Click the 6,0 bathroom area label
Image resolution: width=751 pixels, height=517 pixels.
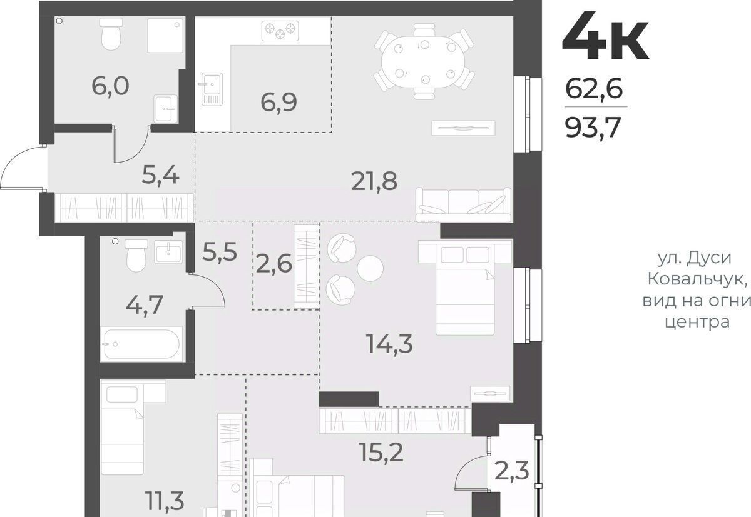tap(110, 86)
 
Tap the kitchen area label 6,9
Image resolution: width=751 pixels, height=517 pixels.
tap(278, 103)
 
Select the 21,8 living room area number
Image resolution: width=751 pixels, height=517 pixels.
tap(374, 181)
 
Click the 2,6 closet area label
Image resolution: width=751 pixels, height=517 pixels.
tap(273, 264)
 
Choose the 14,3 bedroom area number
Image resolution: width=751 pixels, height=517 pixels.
tap(389, 344)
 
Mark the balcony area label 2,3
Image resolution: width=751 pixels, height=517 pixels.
tap(512, 471)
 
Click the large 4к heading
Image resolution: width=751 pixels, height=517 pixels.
tap(606, 36)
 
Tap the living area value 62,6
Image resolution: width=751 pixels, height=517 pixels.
tap(594, 88)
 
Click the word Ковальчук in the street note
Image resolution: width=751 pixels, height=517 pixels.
tap(697, 279)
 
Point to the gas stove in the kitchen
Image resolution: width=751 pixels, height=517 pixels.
tap(280, 31)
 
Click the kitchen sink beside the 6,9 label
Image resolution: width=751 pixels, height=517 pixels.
tap(212, 89)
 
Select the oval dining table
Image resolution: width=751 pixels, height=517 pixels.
tap(424, 61)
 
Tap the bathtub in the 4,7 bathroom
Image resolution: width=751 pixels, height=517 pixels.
tap(141, 344)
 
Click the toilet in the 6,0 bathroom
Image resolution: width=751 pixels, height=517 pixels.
tap(111, 34)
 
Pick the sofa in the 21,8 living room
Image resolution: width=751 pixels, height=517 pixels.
tap(464, 204)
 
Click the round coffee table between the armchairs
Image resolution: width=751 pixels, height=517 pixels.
tap(370, 268)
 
